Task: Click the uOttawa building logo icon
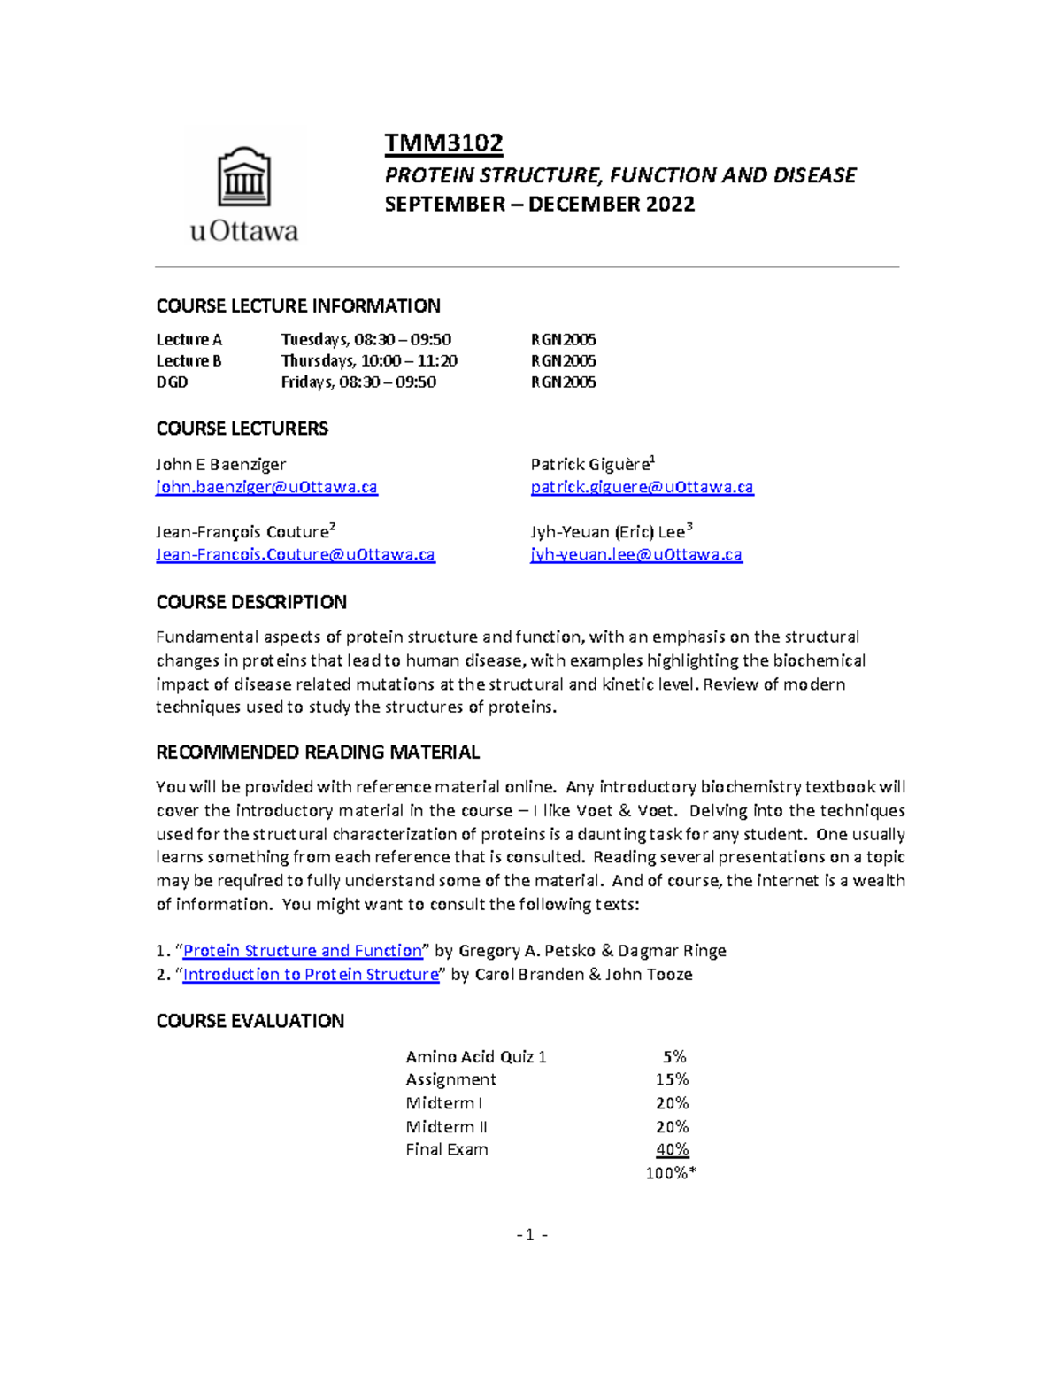click(x=243, y=178)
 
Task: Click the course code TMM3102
click(x=443, y=143)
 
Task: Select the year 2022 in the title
click(x=670, y=205)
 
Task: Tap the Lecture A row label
click(x=189, y=340)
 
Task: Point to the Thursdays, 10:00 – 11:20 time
click(x=369, y=361)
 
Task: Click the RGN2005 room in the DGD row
click(x=563, y=382)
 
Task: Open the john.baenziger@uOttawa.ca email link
click(x=266, y=487)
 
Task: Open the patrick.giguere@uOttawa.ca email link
click(x=642, y=487)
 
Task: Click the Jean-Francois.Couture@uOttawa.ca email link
click(x=295, y=555)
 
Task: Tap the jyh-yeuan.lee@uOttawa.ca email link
click(x=635, y=555)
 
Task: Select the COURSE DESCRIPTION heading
click(x=251, y=602)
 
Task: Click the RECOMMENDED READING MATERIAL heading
click(x=318, y=753)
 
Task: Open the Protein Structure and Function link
click(x=303, y=951)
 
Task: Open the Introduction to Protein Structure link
click(x=311, y=975)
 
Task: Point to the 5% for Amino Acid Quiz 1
click(x=674, y=1056)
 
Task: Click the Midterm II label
click(x=446, y=1127)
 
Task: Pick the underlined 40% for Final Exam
click(x=672, y=1150)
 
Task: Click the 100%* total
click(x=671, y=1173)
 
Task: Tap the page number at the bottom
click(x=531, y=1235)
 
